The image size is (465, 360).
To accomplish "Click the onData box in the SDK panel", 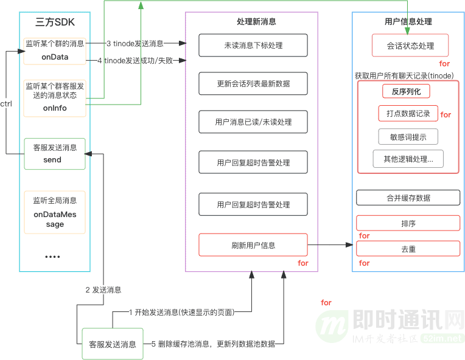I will (x=55, y=51).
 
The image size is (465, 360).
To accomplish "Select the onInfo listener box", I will (x=55, y=97).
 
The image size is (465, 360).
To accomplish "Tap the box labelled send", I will (x=55, y=154).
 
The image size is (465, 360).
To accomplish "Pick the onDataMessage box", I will (x=55, y=212).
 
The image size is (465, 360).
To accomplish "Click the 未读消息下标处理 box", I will (x=253, y=45).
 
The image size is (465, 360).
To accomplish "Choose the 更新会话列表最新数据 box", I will (x=253, y=83).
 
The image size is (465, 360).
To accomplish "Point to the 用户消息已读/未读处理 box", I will (x=253, y=122).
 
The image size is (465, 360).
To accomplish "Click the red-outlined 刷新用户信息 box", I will (x=253, y=245).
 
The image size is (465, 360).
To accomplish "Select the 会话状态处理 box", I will (x=410, y=46).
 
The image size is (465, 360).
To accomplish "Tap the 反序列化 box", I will (x=406, y=91).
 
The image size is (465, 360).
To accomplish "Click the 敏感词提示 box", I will (x=407, y=137).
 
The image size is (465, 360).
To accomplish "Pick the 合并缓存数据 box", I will (x=408, y=198).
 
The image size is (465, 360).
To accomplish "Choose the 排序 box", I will (x=408, y=223).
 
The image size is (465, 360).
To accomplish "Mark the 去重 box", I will (x=408, y=249).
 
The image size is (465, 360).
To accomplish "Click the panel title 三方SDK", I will (x=55, y=22).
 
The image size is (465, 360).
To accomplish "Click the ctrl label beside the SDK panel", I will (x=6, y=104).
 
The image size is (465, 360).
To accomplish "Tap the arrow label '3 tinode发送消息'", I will (x=135, y=43).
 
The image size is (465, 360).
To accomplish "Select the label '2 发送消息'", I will (x=103, y=289).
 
